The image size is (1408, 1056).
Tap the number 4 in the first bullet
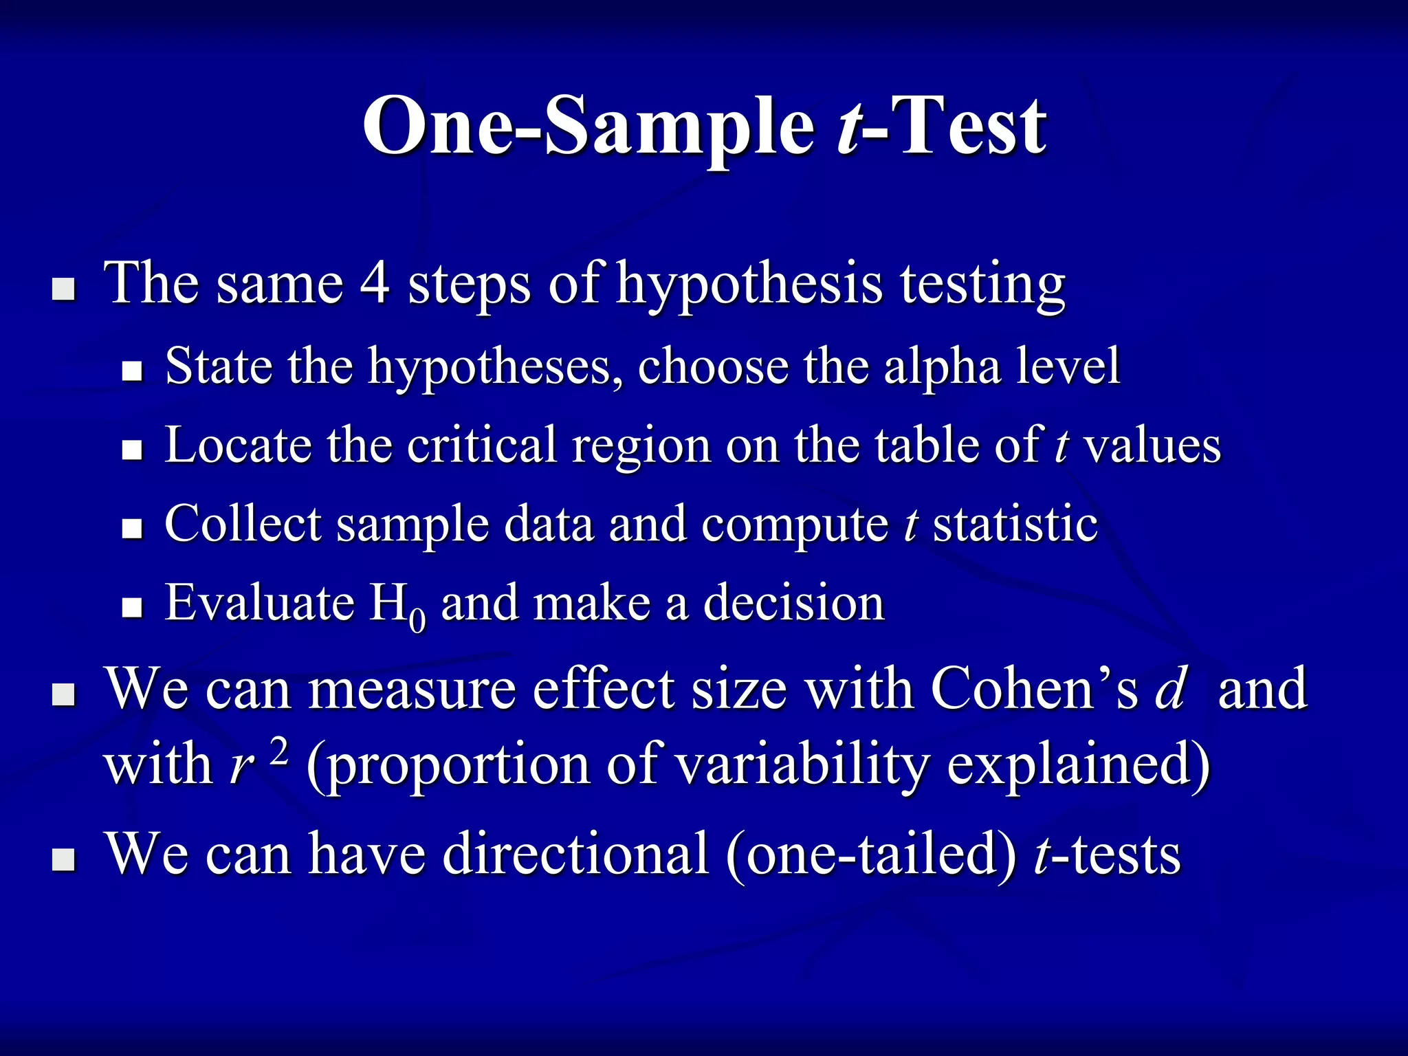(375, 283)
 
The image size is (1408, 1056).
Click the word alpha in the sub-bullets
(942, 366)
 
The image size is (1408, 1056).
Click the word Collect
(242, 524)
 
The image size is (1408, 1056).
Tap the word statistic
(1015, 524)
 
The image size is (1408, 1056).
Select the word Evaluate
(259, 603)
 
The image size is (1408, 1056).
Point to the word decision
(794, 603)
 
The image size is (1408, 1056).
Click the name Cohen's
(1035, 689)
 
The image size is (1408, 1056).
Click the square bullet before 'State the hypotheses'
(131, 372)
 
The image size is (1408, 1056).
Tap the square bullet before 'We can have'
(64, 859)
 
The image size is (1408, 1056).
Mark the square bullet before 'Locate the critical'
(131, 450)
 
